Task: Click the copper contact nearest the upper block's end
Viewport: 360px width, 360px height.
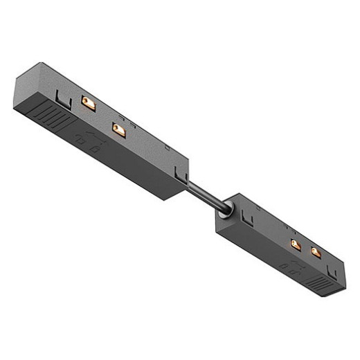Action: click(88, 102)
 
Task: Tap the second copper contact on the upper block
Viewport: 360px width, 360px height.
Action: click(118, 129)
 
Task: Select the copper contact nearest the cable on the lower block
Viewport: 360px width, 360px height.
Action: click(296, 244)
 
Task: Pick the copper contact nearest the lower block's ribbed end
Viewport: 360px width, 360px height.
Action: click(316, 252)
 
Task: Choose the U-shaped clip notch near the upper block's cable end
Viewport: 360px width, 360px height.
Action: click(182, 178)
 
